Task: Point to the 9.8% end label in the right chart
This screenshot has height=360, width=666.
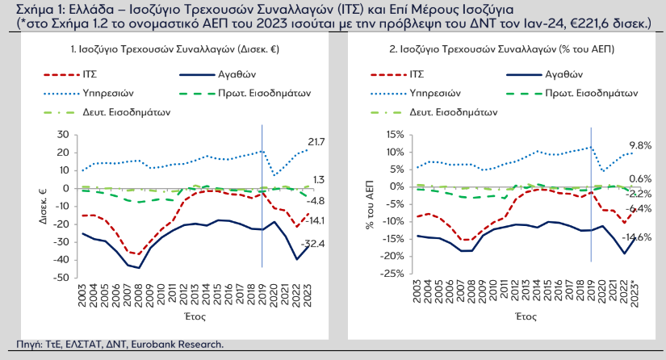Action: [x=639, y=145]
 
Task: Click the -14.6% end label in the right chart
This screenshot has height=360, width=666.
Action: [x=638, y=237]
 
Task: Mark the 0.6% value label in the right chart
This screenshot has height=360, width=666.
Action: [x=639, y=179]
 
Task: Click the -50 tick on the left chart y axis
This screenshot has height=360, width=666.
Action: [x=60, y=278]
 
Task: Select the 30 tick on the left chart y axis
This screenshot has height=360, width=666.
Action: [x=63, y=134]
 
